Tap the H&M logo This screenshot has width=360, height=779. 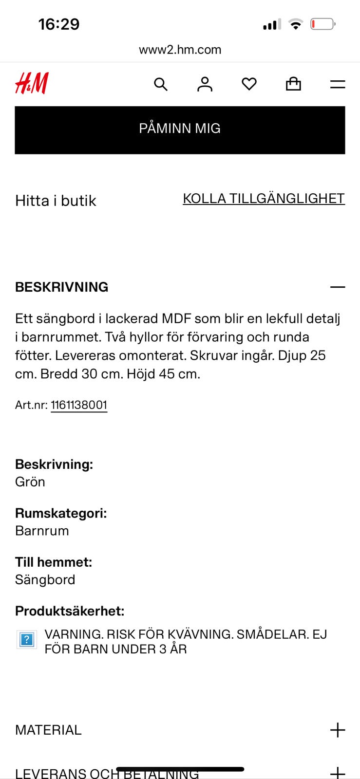pyautogui.click(x=32, y=83)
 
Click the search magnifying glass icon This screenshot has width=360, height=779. pyautogui.click(x=161, y=84)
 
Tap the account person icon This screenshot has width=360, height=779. pyautogui.click(x=205, y=84)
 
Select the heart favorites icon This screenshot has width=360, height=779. pyautogui.click(x=249, y=84)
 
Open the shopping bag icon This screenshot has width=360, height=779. pyautogui.click(x=293, y=84)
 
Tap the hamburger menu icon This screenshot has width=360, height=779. pyautogui.click(x=337, y=84)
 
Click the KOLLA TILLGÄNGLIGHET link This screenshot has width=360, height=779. pyautogui.click(x=264, y=199)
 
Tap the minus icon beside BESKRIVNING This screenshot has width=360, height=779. pyautogui.click(x=337, y=287)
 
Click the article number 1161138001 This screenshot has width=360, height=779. pyautogui.click(x=79, y=405)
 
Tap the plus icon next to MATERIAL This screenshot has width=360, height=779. pyautogui.click(x=337, y=730)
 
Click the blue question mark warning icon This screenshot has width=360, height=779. pyautogui.click(x=27, y=640)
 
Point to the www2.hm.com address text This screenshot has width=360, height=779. pyautogui.click(x=180, y=50)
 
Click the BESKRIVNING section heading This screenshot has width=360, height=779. pyautogui.click(x=62, y=287)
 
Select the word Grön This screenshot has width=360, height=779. pyautogui.click(x=30, y=482)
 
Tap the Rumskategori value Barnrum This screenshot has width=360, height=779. pyautogui.click(x=42, y=531)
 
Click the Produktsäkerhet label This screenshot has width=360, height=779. pyautogui.click(x=70, y=611)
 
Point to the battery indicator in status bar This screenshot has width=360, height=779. pyautogui.click(x=322, y=24)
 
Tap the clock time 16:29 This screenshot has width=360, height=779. pyautogui.click(x=59, y=24)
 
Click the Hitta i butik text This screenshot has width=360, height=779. pyautogui.click(x=56, y=201)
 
